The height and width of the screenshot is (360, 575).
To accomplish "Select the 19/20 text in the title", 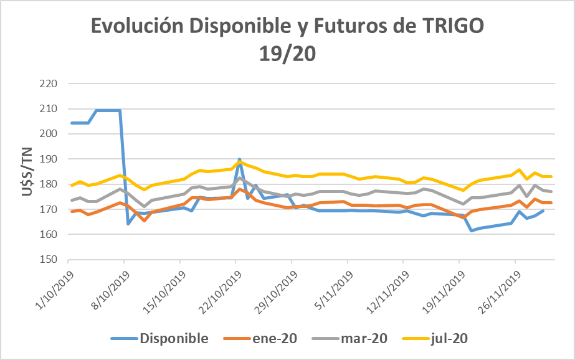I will point(287,54).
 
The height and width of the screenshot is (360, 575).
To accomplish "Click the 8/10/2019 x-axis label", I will point(110,287).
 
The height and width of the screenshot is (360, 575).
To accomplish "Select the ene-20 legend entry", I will point(275,339).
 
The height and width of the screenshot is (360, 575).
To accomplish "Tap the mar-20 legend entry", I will point(364,339).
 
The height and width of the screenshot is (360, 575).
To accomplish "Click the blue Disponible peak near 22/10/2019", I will point(240,159).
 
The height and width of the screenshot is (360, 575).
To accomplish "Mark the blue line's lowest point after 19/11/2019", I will point(472,230).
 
